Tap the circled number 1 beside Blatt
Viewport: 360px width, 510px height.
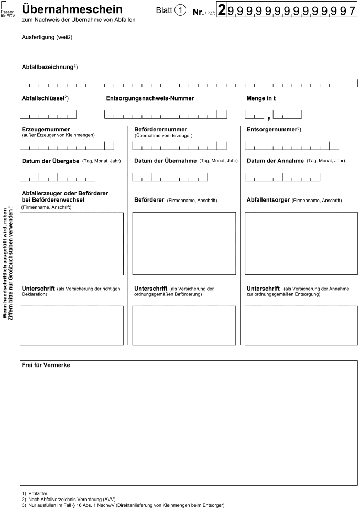(180, 10)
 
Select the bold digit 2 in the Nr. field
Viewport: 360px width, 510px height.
(222, 10)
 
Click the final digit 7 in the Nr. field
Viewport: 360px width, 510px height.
(352, 10)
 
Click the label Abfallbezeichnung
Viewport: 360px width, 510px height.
(48, 68)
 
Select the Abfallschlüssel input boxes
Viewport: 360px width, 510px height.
(48, 115)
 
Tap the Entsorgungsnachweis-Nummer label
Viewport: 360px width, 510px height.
(150, 98)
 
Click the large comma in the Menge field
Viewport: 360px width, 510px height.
(268, 116)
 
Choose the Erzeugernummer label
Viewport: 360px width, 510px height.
(46, 129)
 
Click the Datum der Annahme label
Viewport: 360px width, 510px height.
(275, 161)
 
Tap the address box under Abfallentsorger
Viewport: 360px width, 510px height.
(297, 243)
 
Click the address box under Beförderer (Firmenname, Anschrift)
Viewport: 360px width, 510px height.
(184, 243)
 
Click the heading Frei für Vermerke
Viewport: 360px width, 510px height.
(46, 364)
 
